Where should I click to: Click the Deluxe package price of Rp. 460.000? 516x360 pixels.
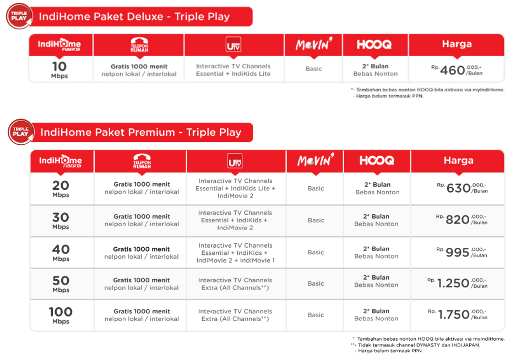coord(459,70)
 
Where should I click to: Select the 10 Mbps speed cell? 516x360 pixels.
coord(59,69)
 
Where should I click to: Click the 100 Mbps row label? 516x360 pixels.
coord(61,315)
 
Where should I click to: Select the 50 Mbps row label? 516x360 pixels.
coord(61,283)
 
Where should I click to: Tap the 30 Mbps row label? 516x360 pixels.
coord(61,220)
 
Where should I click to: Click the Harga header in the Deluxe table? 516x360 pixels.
coord(457,44)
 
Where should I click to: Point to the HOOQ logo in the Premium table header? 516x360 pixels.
coord(377,161)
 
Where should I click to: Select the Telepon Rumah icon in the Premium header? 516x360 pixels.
coord(142,161)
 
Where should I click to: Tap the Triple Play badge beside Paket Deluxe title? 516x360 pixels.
coord(19,15)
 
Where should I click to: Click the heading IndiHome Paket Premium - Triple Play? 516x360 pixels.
coord(140,133)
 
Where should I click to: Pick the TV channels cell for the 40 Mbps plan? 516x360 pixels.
coord(236,253)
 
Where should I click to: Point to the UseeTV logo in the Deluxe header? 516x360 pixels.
coord(233,45)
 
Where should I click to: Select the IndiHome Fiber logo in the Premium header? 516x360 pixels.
coord(61,161)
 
